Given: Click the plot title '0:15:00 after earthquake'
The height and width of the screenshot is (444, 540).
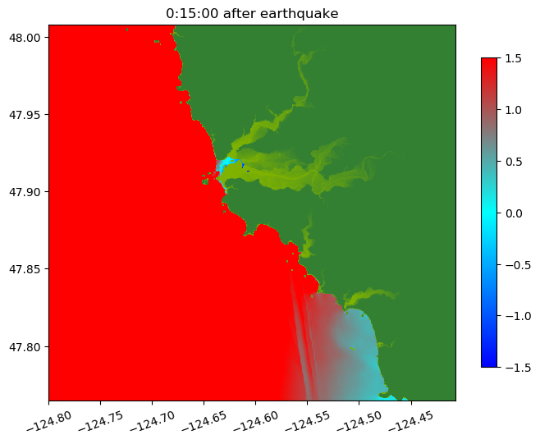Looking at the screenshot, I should tap(252, 13).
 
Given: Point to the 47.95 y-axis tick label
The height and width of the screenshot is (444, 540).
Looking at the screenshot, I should tap(25, 114).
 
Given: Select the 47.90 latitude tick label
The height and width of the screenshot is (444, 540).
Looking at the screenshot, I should tap(25, 192).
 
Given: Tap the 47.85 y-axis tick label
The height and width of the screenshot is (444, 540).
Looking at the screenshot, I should tap(25, 269).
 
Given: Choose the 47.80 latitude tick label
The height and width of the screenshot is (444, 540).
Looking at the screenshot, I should tap(25, 346).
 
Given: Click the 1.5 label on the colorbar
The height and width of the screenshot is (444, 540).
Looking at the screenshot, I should tap(513, 58).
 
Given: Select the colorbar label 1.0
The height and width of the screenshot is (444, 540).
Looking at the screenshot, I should tap(513, 110).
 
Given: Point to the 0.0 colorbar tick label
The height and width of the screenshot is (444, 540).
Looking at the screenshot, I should tap(513, 213).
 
